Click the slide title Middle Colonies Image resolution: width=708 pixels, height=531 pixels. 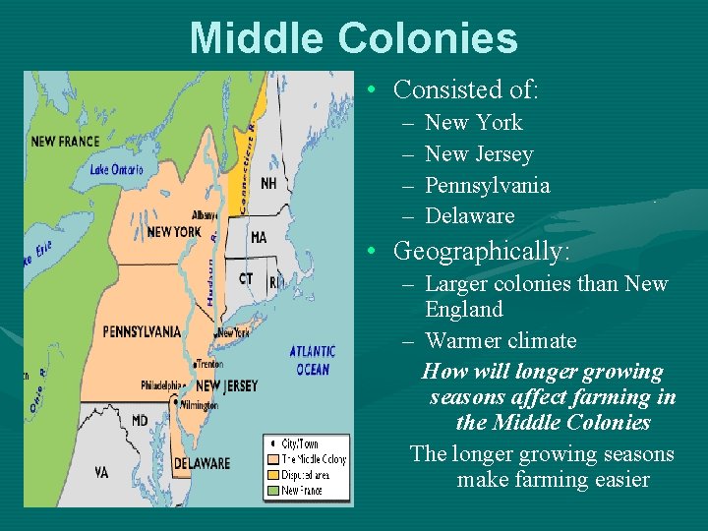pyautogui.click(x=353, y=38)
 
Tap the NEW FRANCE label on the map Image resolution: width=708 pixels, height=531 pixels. pyautogui.click(x=65, y=142)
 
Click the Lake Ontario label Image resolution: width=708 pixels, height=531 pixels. pyautogui.click(x=116, y=169)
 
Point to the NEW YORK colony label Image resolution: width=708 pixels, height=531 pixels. pyautogui.click(x=173, y=232)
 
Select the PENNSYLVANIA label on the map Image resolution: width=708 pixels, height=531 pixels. pyautogui.click(x=142, y=331)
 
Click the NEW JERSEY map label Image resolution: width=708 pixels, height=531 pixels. pyautogui.click(x=226, y=385)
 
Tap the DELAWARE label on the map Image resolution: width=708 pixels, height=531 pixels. pyautogui.click(x=202, y=463)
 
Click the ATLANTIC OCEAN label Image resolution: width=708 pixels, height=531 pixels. pyautogui.click(x=313, y=360)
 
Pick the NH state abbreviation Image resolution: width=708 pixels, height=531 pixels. pyautogui.click(x=268, y=184)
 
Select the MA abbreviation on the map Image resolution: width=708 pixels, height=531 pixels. pyautogui.click(x=259, y=238)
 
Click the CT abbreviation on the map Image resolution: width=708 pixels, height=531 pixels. pyautogui.click(x=246, y=279)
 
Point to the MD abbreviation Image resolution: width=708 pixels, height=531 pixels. pyautogui.click(x=140, y=421)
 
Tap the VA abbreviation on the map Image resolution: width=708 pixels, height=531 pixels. pyautogui.click(x=101, y=472)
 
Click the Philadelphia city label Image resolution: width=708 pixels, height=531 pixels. pyautogui.click(x=163, y=384)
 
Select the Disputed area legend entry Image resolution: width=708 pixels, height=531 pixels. pyautogui.click(x=307, y=475)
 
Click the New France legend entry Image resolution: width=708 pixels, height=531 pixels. pyautogui.click(x=303, y=490)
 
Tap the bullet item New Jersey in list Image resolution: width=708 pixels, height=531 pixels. pyautogui.click(x=478, y=154)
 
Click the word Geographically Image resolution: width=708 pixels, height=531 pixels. pyautogui.click(x=481, y=252)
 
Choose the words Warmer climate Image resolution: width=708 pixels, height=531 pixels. pyautogui.click(x=501, y=341)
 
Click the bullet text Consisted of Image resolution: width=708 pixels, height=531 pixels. pyautogui.click(x=465, y=90)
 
